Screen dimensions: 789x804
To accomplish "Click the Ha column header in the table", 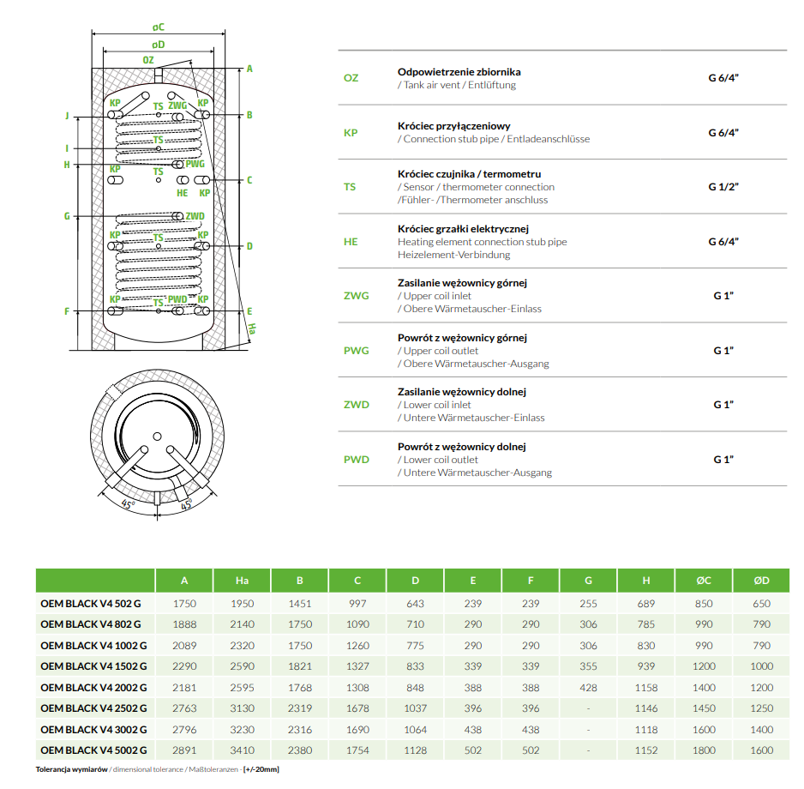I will click(x=242, y=581).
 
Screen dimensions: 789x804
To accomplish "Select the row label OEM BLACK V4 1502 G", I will click(x=93, y=666).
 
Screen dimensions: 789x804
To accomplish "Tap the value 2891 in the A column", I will click(x=184, y=750).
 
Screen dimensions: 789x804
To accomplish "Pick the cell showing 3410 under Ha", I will click(x=242, y=750).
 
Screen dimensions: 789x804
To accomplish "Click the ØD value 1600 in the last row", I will click(x=761, y=750).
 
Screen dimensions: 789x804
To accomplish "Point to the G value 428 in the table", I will click(x=588, y=687).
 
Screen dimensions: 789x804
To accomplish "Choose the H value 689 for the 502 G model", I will click(x=645, y=604).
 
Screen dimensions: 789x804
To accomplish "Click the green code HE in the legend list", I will click(x=351, y=242).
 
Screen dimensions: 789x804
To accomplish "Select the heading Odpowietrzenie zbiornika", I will click(x=459, y=72).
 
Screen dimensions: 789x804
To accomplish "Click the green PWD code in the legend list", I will click(x=356, y=460).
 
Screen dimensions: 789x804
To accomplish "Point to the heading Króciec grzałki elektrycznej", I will click(x=463, y=229).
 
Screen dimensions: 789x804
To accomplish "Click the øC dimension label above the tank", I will click(x=159, y=28).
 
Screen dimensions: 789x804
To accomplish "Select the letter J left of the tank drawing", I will click(x=66, y=115).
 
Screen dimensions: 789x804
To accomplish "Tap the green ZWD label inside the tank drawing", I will click(x=195, y=215).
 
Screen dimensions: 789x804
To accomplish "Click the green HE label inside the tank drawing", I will click(x=182, y=193).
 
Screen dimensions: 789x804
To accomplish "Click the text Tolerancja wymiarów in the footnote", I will click(x=72, y=769).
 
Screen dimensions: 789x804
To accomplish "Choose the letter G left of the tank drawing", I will click(x=66, y=216).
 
